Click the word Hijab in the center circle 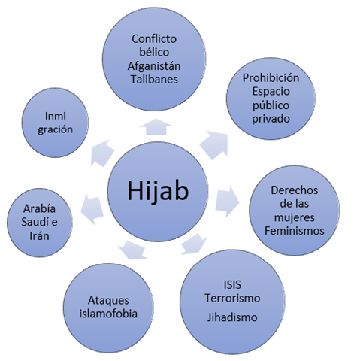[x=158, y=191]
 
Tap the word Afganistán [x=154, y=66]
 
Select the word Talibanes [x=154, y=80]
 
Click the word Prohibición [x=271, y=78]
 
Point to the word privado [x=271, y=119]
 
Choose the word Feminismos [x=295, y=231]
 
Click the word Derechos [x=295, y=190]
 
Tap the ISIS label [x=232, y=285]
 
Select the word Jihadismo [x=232, y=317]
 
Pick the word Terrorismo [x=232, y=298]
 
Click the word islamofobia [x=108, y=314]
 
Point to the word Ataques [x=108, y=300]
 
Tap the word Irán [x=39, y=235]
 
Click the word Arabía [x=39, y=208]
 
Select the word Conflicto [x=154, y=39]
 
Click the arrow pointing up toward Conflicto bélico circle [x=156, y=126]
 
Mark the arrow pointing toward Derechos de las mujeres [x=227, y=202]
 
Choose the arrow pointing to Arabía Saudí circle [x=92, y=209]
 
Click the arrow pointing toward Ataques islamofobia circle [x=132, y=250]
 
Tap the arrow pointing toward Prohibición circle [x=214, y=144]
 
